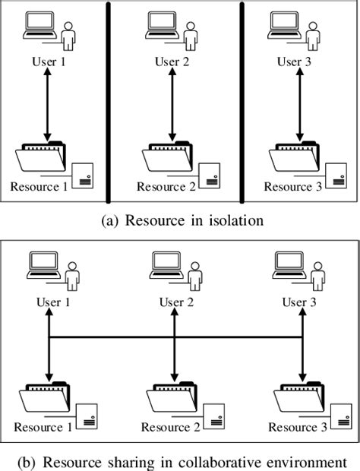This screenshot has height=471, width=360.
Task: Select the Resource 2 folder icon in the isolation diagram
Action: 165,159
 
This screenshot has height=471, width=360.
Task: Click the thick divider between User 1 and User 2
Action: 108,103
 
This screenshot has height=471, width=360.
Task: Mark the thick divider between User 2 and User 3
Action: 242,103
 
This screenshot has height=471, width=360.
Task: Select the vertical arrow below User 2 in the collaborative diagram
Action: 175,357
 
